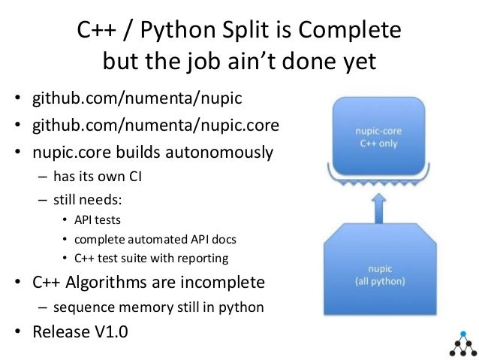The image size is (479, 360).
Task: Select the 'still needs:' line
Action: click(x=85, y=201)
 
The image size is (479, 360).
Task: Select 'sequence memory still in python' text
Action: click(x=158, y=307)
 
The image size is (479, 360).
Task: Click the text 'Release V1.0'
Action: click(x=79, y=331)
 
